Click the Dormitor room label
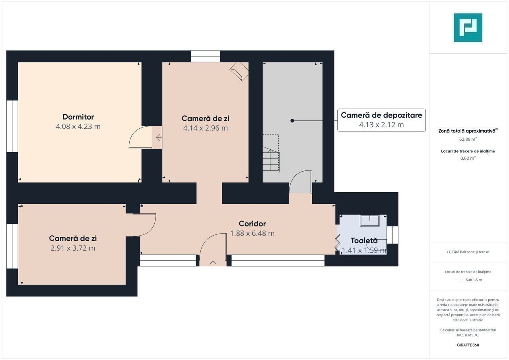(78, 117)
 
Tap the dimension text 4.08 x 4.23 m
(78, 126)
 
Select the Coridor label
(252, 224)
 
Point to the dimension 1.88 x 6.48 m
(252, 233)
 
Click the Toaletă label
(364, 241)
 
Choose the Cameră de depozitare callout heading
(381, 115)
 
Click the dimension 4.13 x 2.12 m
(381, 125)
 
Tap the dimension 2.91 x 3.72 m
(73, 248)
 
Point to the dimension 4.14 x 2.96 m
(206, 128)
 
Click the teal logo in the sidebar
(468, 27)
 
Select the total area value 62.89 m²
(468, 139)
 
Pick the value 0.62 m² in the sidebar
(468, 158)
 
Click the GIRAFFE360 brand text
(468, 345)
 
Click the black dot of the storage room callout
(292, 121)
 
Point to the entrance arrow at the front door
(213, 264)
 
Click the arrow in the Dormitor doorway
(159, 137)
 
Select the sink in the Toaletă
(370, 221)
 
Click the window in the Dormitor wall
(12, 126)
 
